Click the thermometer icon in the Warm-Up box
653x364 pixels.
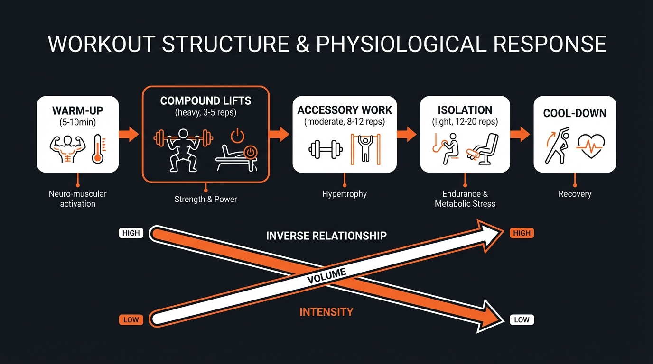[x=98, y=149]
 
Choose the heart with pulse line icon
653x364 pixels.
[x=590, y=148]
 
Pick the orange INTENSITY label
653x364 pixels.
[x=326, y=312]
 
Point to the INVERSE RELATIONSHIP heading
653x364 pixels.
[x=326, y=236]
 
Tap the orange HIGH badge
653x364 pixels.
[x=522, y=233]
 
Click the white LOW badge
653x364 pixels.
[x=522, y=320]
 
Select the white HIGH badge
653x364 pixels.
[x=131, y=233]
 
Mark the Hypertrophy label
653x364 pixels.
[x=345, y=194]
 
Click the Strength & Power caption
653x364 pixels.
[x=205, y=199]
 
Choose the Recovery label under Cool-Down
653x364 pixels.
[x=575, y=194]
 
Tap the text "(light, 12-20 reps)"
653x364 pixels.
[x=465, y=122]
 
